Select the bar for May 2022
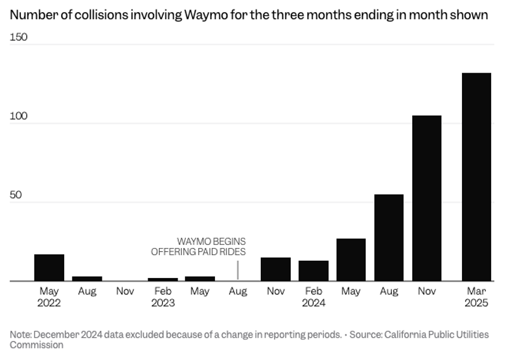tap(49, 268)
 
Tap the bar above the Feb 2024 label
tap(314, 271)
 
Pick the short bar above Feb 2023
tap(163, 279)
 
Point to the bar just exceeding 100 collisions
tap(426, 198)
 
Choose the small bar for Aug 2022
tap(87, 279)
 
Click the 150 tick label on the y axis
tap(19, 38)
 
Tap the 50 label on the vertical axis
tap(16, 195)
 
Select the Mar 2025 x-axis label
tap(476, 297)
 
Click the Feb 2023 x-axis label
tap(163, 297)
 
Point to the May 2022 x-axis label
tap(49, 297)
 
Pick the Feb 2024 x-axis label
tap(314, 297)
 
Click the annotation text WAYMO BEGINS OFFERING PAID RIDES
tap(199, 247)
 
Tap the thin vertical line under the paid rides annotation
tap(238, 270)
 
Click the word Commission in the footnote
tap(36, 345)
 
